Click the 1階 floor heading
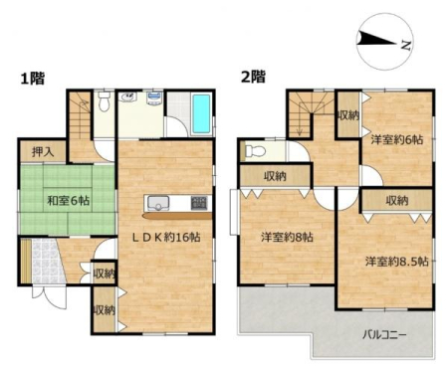click(x=33, y=79)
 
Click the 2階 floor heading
click(x=253, y=78)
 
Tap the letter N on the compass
click(x=406, y=45)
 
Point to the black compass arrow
click(x=377, y=38)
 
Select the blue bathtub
click(x=201, y=113)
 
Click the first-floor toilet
click(x=105, y=101)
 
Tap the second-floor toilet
click(x=255, y=152)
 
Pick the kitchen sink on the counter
click(x=158, y=203)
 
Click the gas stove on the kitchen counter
click(x=199, y=203)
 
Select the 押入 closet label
click(x=43, y=152)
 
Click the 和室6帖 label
click(x=68, y=200)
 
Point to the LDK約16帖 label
click(x=166, y=237)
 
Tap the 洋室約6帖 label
click(x=397, y=139)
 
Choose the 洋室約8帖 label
click(x=287, y=237)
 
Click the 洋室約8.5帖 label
click(x=397, y=262)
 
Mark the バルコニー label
click(x=384, y=335)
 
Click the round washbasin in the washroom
click(x=128, y=97)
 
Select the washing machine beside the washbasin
click(x=153, y=98)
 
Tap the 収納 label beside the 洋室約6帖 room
click(x=348, y=115)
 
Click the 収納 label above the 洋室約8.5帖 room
click(x=397, y=200)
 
